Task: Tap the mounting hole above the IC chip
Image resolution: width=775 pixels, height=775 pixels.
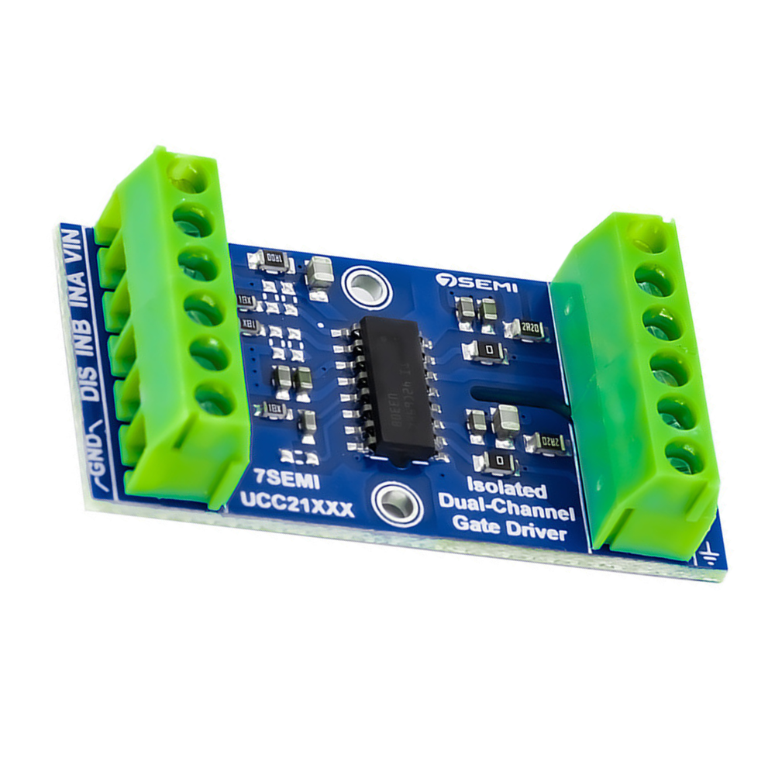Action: (362, 287)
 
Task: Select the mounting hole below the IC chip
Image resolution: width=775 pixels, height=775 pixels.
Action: (397, 504)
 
